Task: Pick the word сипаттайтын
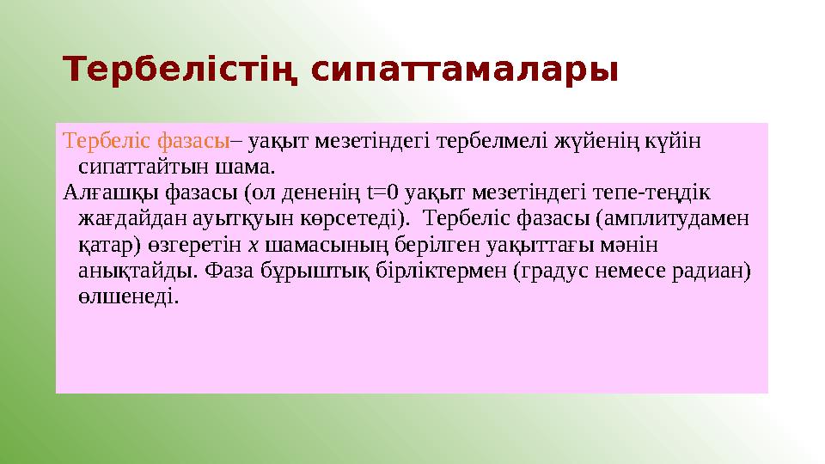point(133,164)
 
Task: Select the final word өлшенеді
point(128,297)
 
